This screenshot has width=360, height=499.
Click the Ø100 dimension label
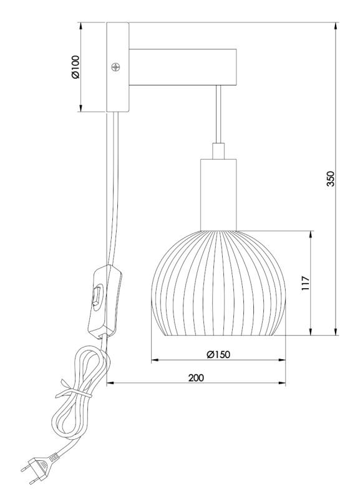pyautogui.click(x=75, y=67)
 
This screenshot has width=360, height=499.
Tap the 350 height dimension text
pyautogui.click(x=331, y=178)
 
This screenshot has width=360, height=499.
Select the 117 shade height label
pyautogui.click(x=305, y=283)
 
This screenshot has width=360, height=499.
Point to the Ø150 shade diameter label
pyautogui.click(x=218, y=354)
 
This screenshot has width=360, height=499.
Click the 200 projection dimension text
pyautogui.click(x=196, y=378)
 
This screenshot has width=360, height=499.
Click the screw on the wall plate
pyautogui.click(x=116, y=67)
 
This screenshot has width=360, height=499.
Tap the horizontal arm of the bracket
pyautogui.click(x=183, y=67)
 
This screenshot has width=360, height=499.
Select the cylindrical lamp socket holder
pyautogui.click(x=218, y=195)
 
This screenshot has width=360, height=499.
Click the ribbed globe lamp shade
pyautogui.click(x=218, y=283)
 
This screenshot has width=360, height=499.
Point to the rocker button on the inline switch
pyautogui.click(x=97, y=296)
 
